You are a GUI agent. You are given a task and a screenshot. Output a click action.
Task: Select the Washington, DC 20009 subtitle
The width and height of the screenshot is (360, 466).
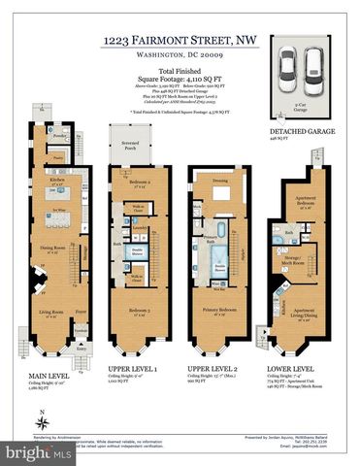[180, 55]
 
